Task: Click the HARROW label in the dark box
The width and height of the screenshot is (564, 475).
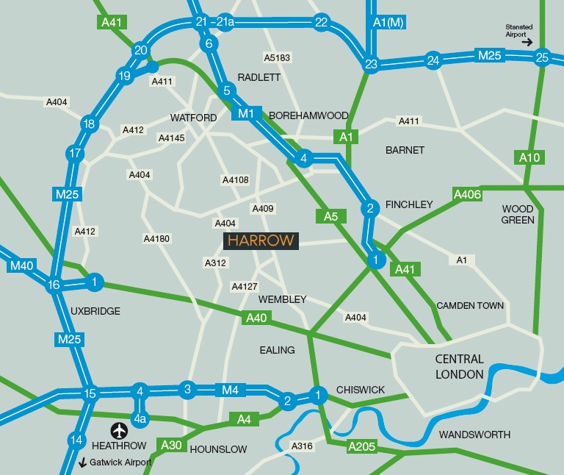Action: [x=261, y=240]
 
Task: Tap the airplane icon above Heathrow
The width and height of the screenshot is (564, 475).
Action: [x=119, y=430]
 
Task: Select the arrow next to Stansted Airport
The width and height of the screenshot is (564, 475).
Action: [x=527, y=43]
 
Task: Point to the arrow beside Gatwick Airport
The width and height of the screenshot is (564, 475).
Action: [x=83, y=463]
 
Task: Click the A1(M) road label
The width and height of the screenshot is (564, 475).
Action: [x=389, y=22]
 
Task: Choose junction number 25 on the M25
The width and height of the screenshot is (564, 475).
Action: [x=542, y=57]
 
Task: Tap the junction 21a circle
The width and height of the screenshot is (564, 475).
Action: [x=225, y=22]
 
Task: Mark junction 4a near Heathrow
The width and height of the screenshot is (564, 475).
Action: [x=140, y=419]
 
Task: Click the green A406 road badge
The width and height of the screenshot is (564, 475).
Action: [x=468, y=194]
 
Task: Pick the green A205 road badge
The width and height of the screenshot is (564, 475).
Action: [x=361, y=446]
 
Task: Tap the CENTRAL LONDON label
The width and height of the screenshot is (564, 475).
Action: [x=460, y=367]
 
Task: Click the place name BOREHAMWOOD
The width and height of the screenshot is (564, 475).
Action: [x=308, y=115]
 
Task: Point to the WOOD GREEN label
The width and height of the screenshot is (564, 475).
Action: [x=518, y=214]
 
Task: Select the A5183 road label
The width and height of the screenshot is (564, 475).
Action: [x=277, y=57]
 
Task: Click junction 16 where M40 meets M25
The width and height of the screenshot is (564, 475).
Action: [x=54, y=285]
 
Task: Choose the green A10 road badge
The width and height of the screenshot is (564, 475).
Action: [x=529, y=157]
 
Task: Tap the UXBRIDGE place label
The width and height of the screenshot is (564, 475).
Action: [x=95, y=311]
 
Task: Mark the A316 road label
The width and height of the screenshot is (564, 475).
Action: [x=302, y=446]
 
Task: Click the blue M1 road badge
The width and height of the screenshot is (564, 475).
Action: [x=246, y=113]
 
